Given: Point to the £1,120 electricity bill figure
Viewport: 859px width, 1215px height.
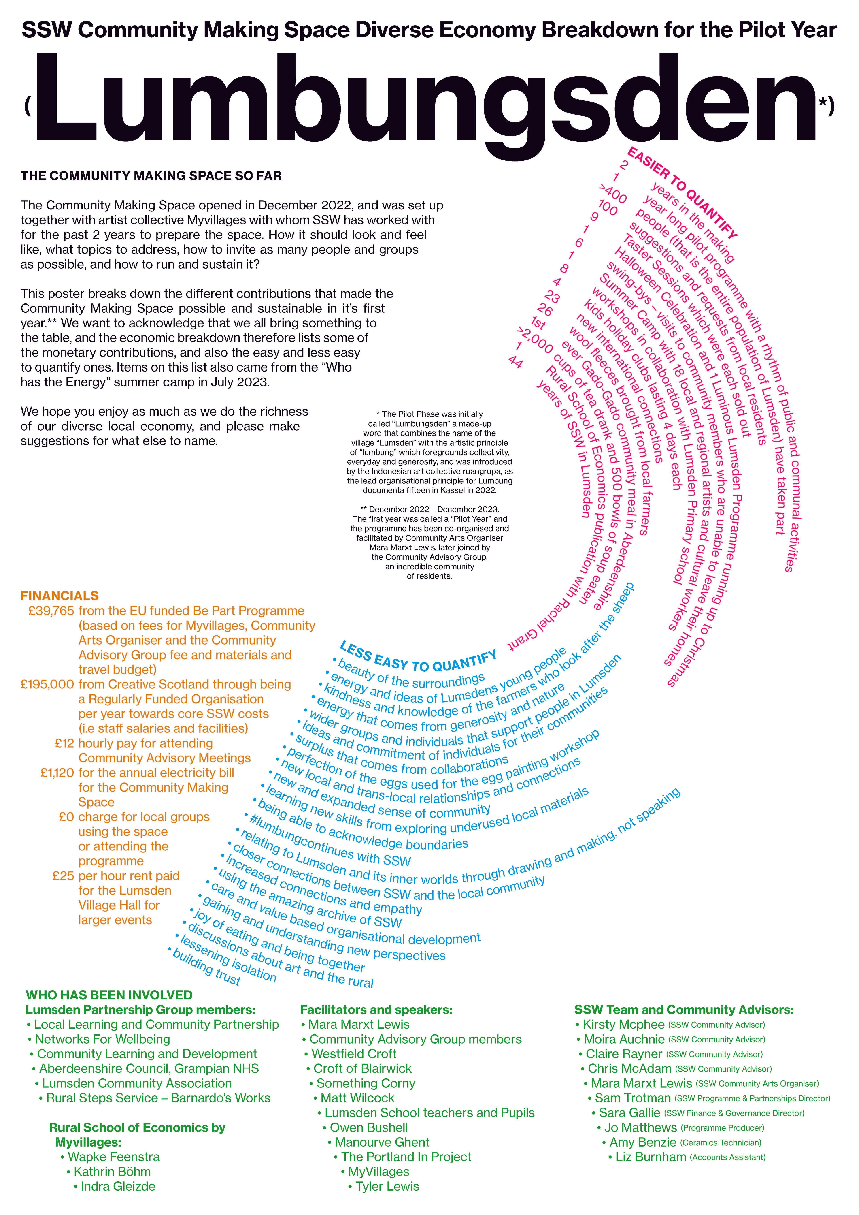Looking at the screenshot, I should click(x=57, y=773).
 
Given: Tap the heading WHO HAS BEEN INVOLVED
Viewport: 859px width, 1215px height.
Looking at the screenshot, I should click(x=109, y=995).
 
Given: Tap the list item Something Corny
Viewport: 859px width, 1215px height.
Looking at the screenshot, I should click(x=366, y=1084).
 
